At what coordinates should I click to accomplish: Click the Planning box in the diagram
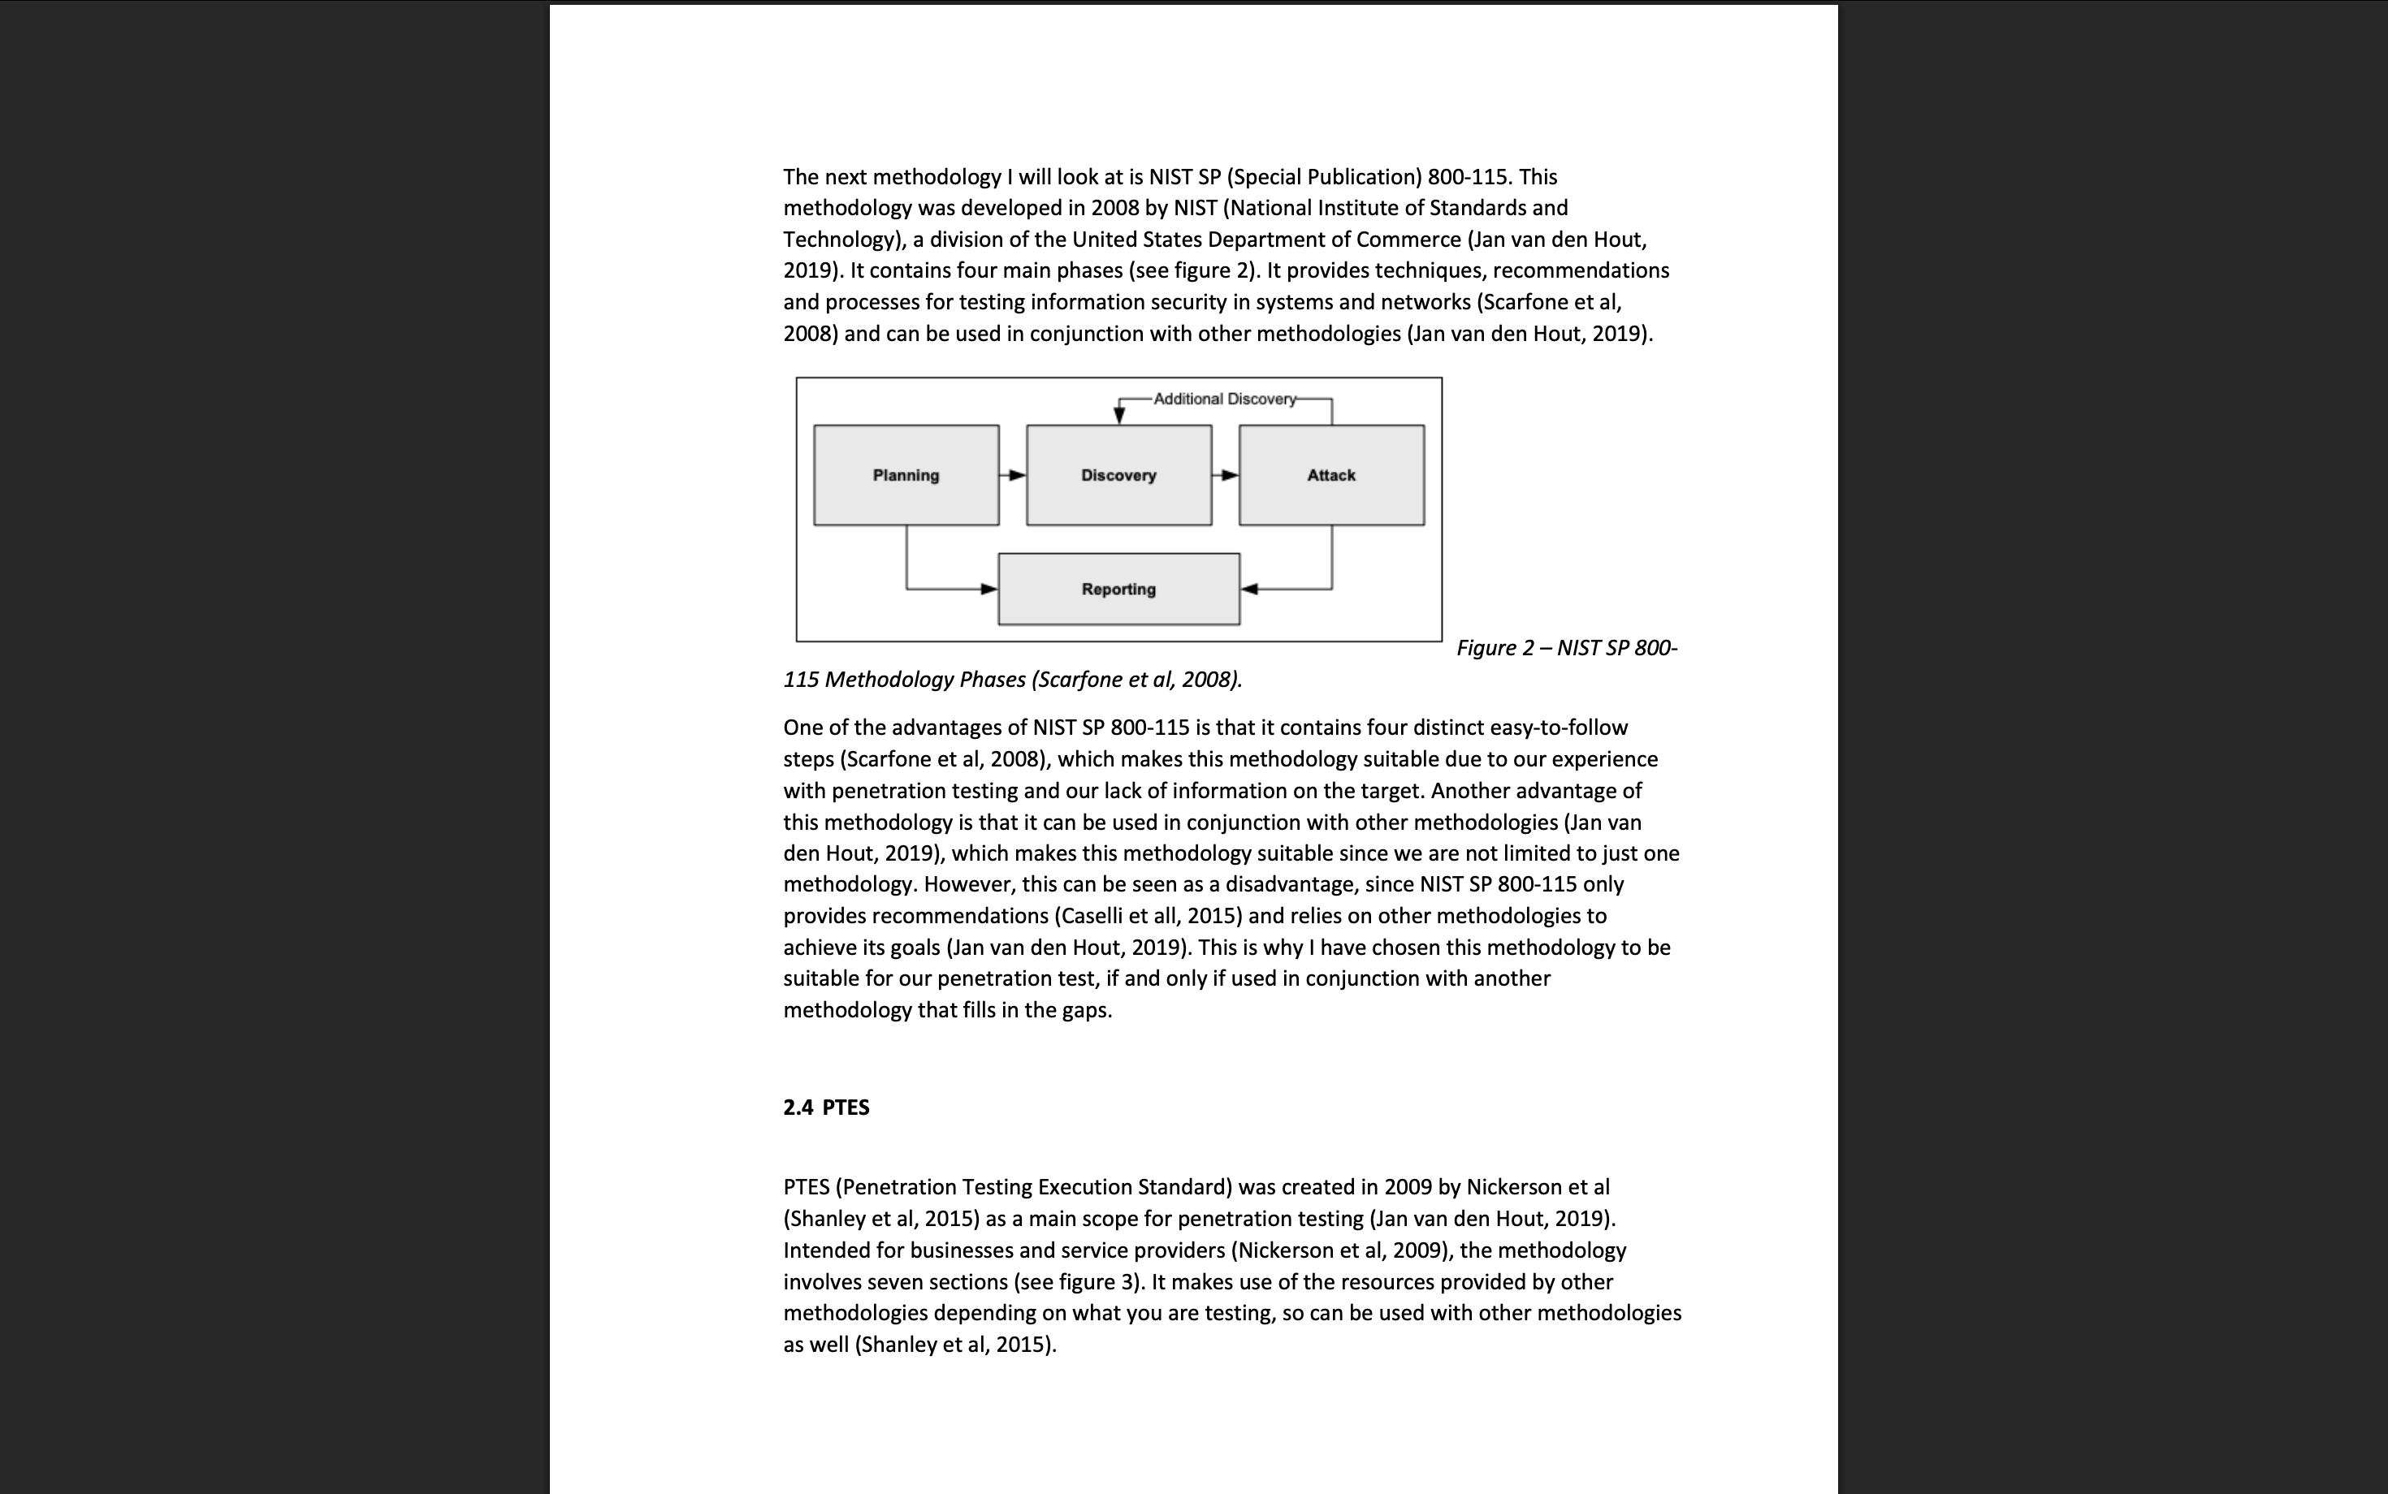[x=906, y=475]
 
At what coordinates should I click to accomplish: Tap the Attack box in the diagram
[x=1330, y=475]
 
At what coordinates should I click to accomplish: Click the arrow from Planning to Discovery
[x=1013, y=475]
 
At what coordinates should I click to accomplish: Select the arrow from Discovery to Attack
[x=1226, y=475]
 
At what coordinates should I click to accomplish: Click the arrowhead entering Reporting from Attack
[x=1249, y=589]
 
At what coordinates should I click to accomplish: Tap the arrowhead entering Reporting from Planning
[x=989, y=589]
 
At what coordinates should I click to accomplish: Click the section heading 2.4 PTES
[x=826, y=1107]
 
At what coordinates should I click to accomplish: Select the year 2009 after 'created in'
[x=1408, y=1187]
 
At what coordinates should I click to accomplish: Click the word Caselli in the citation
[x=1091, y=916]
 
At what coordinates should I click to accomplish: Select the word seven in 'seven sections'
[x=897, y=1281]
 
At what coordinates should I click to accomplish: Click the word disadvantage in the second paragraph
[x=1288, y=884]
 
